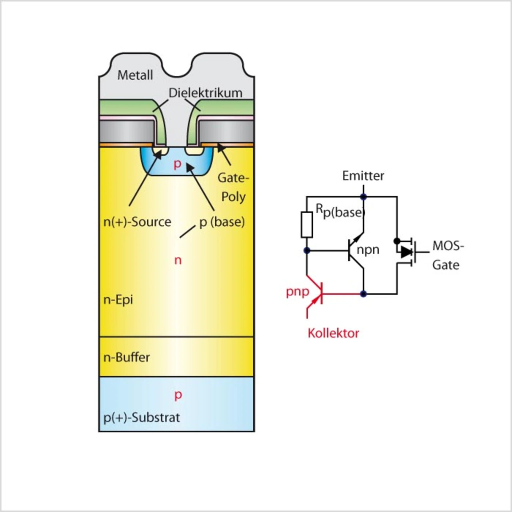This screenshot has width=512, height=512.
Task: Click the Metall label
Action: [x=135, y=75]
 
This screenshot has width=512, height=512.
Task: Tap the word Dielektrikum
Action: [x=205, y=93]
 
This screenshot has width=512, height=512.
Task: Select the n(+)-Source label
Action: [x=137, y=222]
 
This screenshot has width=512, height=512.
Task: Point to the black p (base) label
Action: [x=222, y=222]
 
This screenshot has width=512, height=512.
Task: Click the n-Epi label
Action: [x=118, y=300]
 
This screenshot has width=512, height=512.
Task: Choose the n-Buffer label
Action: [x=126, y=357]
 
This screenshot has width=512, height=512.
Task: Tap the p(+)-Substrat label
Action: [x=142, y=417]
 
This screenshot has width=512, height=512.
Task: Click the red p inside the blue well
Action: [x=178, y=164]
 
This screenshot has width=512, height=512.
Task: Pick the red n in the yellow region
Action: [x=178, y=260]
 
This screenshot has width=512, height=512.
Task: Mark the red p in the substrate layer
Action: [x=178, y=395]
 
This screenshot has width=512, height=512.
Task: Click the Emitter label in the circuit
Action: [x=363, y=176]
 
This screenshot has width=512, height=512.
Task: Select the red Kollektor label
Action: [x=333, y=333]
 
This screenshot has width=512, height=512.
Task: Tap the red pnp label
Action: [x=297, y=292]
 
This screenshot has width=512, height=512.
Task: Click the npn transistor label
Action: [x=368, y=250]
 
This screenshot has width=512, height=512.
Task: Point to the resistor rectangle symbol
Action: [x=307, y=224]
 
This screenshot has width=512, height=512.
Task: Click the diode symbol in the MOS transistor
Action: [x=406, y=252]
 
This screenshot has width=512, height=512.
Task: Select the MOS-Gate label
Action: [x=447, y=255]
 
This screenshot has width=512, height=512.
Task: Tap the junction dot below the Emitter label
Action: [x=363, y=197]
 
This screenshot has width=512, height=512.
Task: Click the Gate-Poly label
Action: [x=233, y=187]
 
